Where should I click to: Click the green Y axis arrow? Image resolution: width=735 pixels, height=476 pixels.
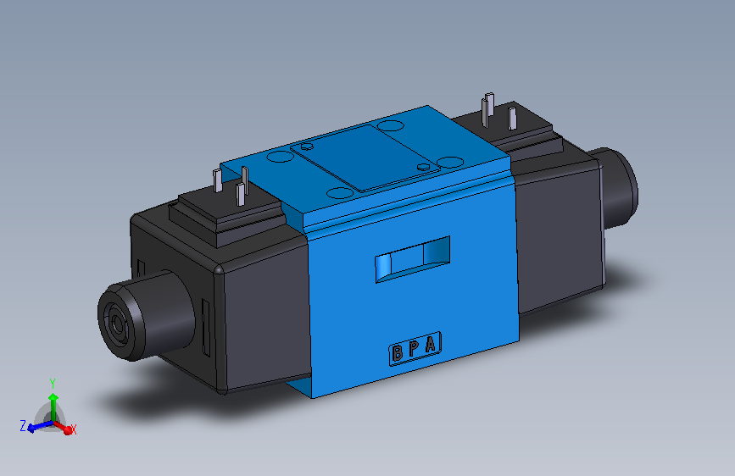click(53, 398)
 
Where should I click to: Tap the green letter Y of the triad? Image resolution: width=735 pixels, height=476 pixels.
click(53, 384)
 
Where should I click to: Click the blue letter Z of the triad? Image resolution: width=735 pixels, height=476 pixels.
click(22, 426)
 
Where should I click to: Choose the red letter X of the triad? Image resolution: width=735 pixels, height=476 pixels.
click(74, 430)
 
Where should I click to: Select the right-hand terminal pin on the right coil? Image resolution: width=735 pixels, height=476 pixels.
click(515, 117)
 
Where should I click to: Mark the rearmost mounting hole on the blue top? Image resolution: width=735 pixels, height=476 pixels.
click(391, 126)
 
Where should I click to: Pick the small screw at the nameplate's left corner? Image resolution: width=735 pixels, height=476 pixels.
click(306, 147)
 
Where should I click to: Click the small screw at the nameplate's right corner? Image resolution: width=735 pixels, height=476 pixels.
click(425, 168)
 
